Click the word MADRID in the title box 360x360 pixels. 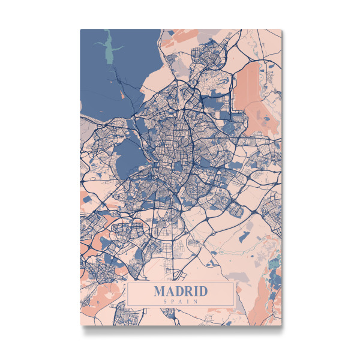tap(180, 292)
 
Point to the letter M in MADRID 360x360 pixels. tap(160, 292)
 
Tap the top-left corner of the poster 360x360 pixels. tap(80, 29)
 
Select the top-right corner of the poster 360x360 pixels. tap(282, 29)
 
